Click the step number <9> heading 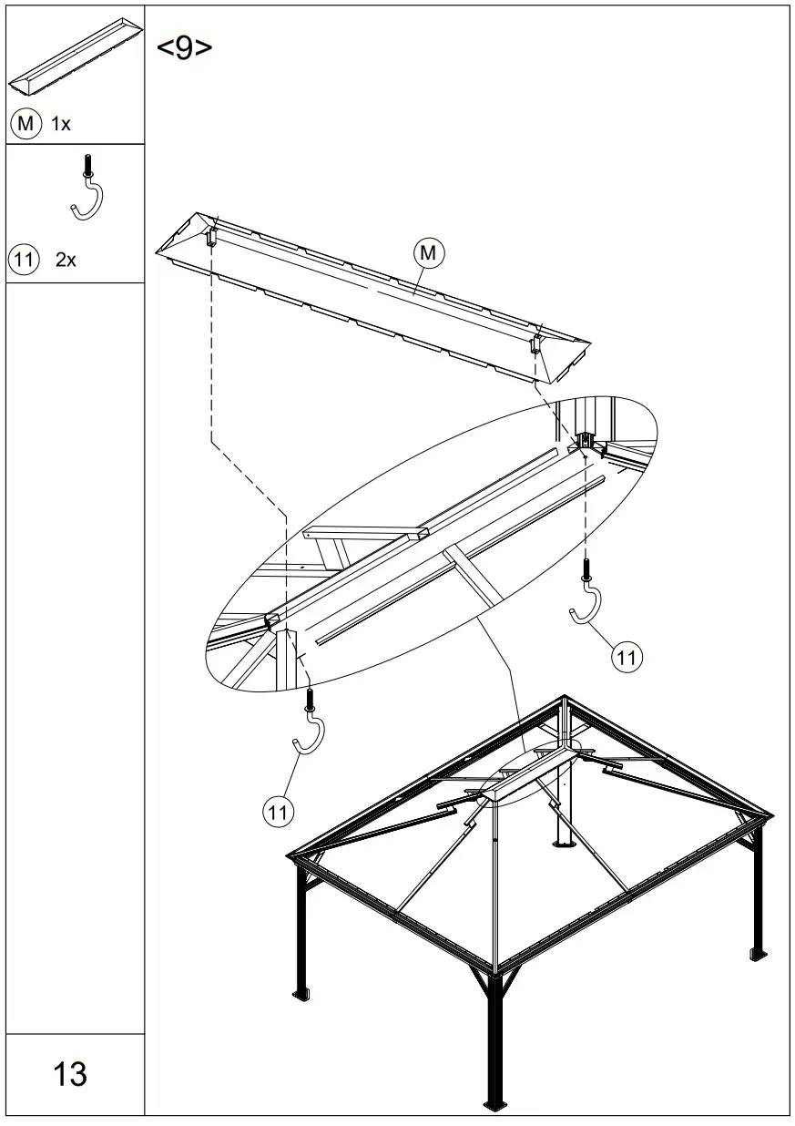click(185, 48)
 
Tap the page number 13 click(70, 1074)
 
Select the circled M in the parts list click(26, 124)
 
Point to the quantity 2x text click(66, 260)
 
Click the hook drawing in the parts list click(87, 189)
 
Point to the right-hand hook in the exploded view click(586, 598)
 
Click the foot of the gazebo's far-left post click(301, 991)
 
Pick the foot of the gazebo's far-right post click(758, 954)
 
